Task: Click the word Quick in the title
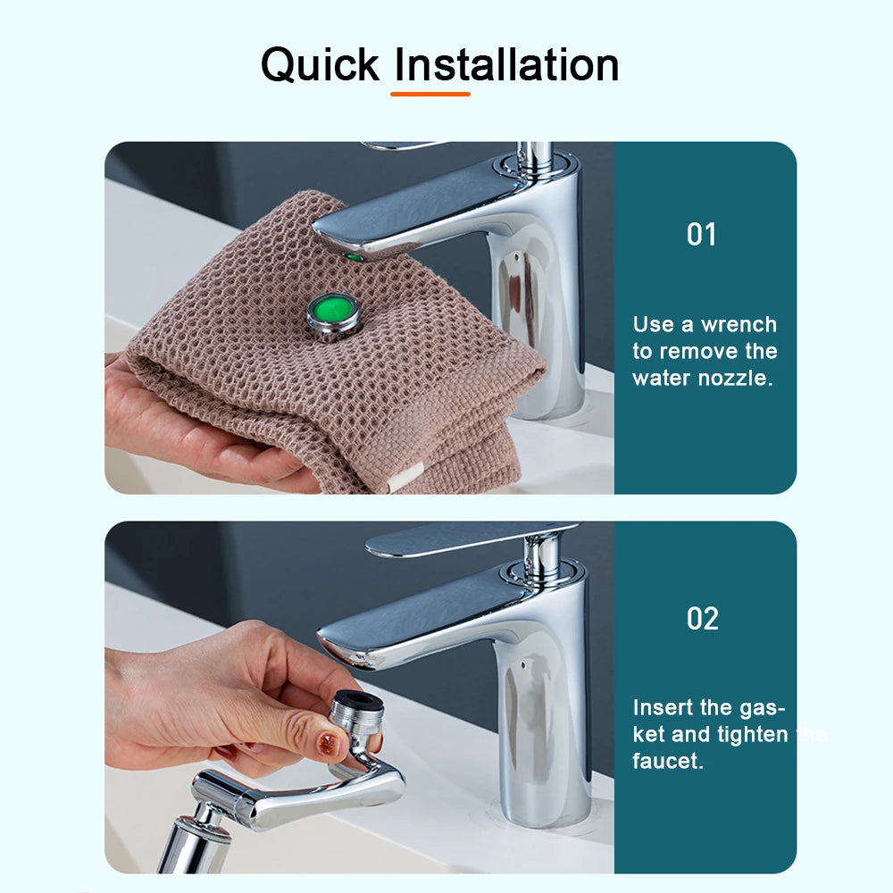321,65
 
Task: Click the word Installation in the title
506,65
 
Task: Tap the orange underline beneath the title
430,93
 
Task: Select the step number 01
702,235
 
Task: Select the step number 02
703,619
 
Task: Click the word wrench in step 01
739,325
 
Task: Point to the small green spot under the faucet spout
354,257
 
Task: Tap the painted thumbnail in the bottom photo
330,743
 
